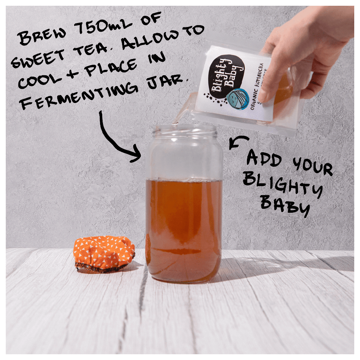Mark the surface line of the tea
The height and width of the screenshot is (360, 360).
point(184,180)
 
